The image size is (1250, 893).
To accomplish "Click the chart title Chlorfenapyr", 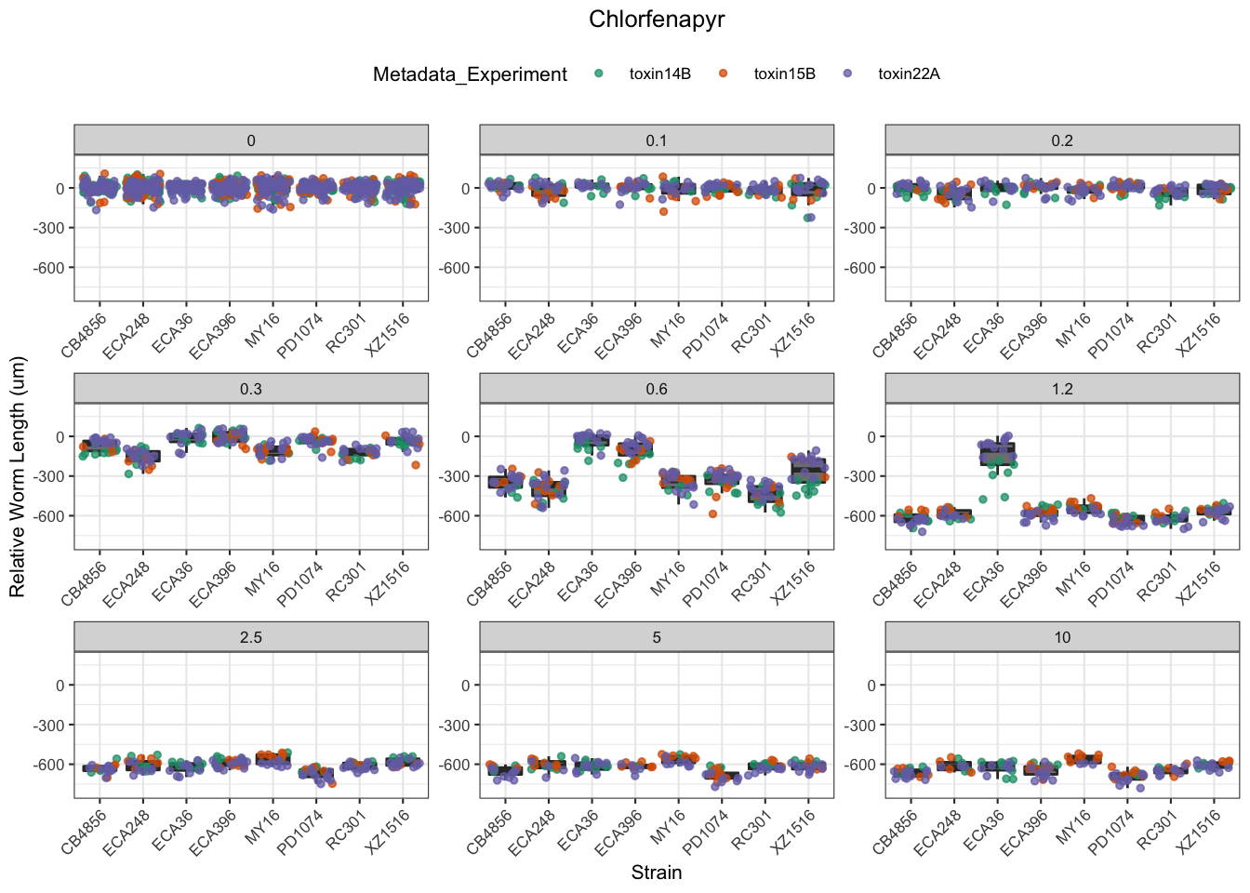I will (657, 20).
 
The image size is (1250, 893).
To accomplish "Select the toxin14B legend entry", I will (658, 74).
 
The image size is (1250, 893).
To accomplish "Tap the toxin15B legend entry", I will (783, 74).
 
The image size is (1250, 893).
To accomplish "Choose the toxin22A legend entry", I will (908, 74).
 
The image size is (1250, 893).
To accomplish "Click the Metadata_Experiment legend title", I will (470, 74).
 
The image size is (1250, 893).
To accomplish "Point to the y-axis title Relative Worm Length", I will (18, 477).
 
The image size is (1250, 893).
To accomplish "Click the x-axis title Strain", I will (657, 873).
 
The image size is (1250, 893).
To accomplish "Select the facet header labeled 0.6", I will (657, 389).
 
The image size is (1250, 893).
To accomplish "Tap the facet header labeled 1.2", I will (1062, 389).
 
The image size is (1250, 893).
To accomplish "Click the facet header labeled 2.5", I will (251, 637).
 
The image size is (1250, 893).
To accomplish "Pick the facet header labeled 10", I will (1062, 637).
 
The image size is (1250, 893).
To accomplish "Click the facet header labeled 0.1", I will (657, 140).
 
